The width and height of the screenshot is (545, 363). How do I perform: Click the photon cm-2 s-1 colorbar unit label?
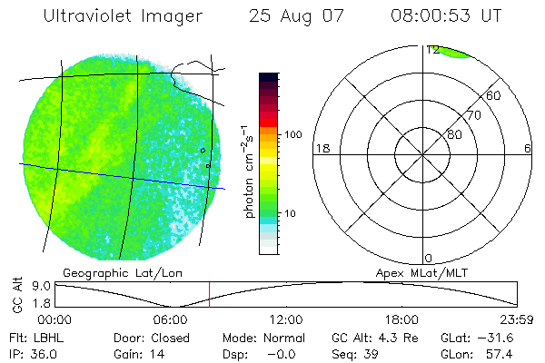coord(248,172)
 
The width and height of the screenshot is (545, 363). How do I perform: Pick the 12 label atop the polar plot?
coord(432,50)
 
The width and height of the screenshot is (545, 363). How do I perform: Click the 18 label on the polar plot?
coord(322,148)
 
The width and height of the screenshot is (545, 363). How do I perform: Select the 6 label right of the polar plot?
coord(528,148)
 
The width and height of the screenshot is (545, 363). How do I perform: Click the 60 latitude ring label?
coord(494,95)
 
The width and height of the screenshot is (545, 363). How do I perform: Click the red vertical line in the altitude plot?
coord(209,293)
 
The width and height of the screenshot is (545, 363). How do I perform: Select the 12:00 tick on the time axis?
coord(286,319)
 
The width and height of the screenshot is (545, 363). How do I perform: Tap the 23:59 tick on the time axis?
coord(517,319)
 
